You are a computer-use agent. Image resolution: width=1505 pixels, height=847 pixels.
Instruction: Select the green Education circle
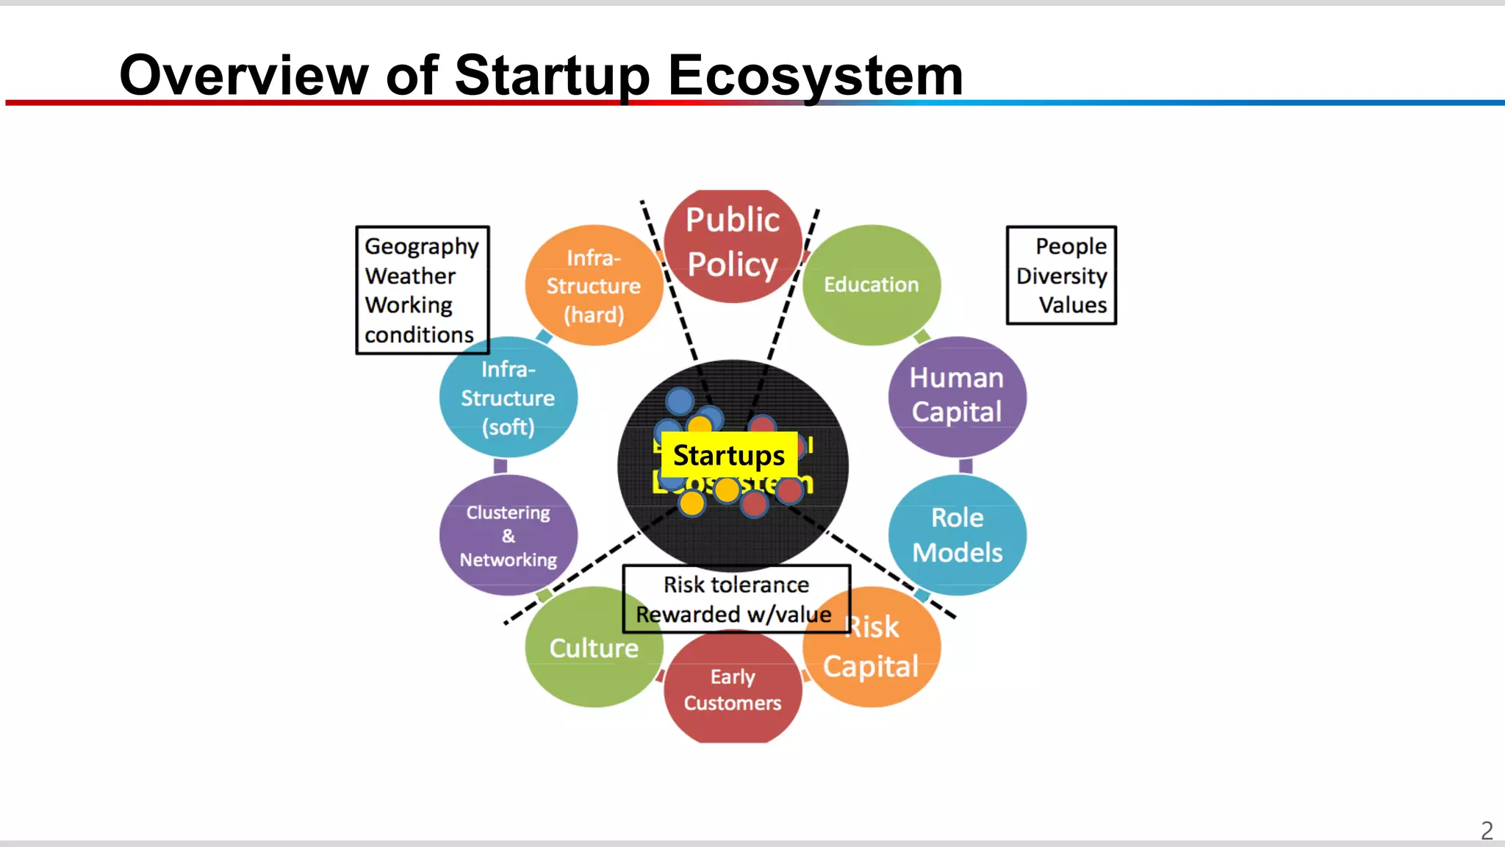coord(871,285)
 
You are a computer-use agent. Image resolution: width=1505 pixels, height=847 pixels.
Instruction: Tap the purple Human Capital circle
coord(956,396)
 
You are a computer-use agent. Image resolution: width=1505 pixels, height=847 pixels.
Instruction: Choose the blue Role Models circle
coord(957,535)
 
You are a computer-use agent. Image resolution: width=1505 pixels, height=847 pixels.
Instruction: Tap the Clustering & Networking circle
coord(508,535)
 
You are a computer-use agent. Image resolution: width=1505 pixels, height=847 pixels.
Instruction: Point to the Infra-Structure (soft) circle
coord(508,398)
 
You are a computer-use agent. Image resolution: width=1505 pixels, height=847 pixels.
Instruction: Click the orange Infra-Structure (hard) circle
coord(593,285)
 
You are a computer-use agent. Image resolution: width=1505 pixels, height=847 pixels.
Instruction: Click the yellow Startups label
coord(729,455)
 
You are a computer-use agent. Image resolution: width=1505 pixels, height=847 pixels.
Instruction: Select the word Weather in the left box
coord(410,276)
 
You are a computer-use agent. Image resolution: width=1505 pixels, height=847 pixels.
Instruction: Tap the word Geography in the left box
coord(421,246)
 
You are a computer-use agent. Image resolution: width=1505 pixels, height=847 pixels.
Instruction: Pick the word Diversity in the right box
coord(1061,276)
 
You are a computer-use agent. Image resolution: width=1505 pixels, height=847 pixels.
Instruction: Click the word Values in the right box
coord(1072,305)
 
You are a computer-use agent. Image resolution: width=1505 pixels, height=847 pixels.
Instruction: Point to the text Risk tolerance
coord(736,585)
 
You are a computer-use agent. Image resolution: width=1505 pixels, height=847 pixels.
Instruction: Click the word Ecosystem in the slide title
coord(815,75)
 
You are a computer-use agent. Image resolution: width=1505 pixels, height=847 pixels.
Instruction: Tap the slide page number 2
coord(1487,831)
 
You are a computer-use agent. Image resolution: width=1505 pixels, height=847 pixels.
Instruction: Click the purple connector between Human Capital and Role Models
coord(966,466)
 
